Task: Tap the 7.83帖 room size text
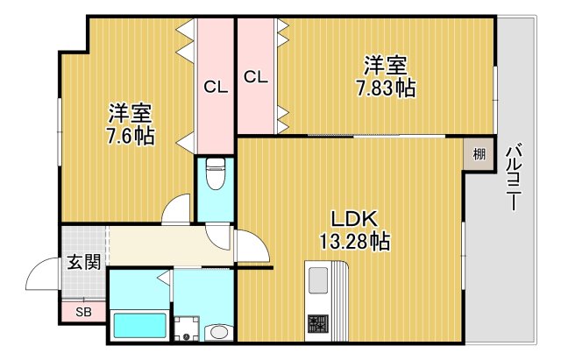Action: [x=385, y=88]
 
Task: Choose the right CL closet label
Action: [x=255, y=77]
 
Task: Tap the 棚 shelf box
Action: [x=479, y=156]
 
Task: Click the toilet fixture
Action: [x=215, y=174]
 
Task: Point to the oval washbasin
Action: [x=219, y=332]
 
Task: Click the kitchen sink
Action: [x=316, y=280]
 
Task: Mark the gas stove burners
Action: [x=316, y=326]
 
